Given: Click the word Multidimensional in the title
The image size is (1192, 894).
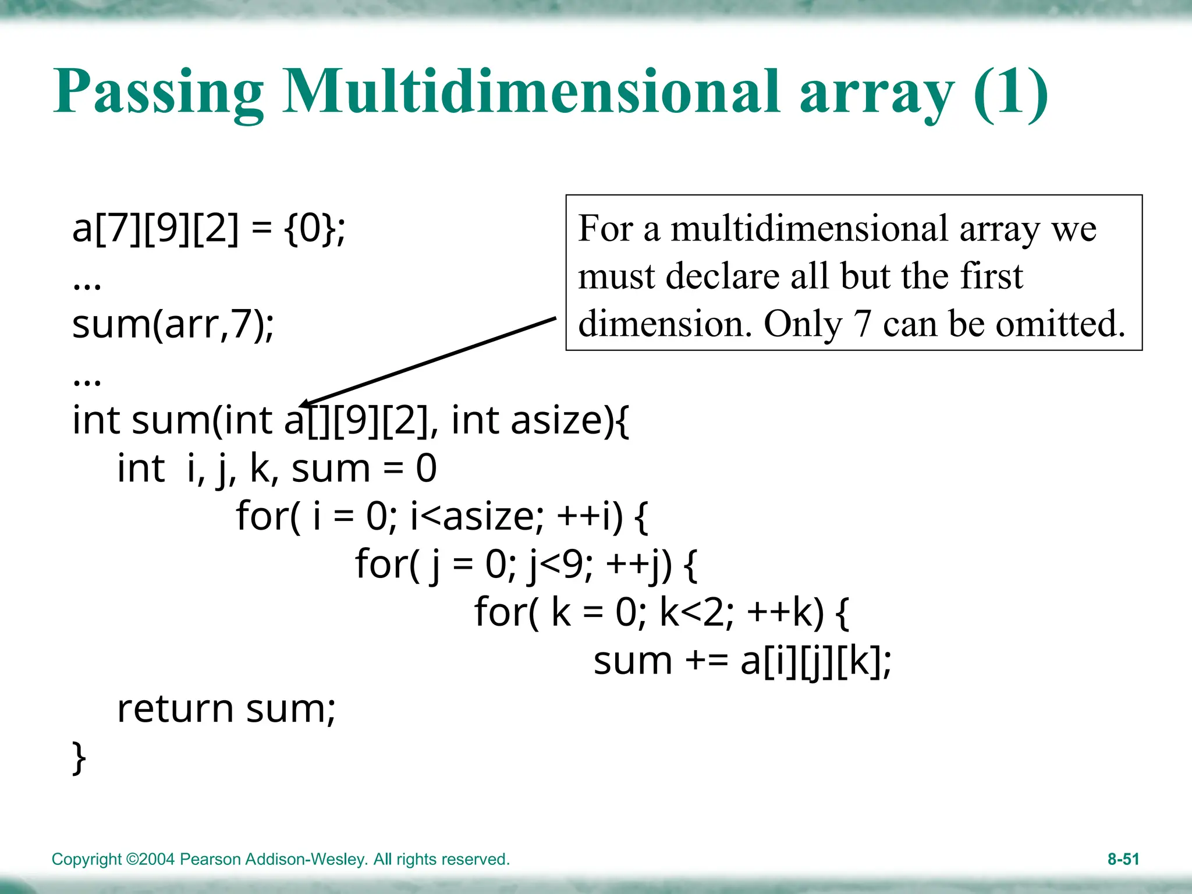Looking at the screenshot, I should click(531, 91).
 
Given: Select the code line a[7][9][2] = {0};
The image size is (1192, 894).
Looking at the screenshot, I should click(208, 228).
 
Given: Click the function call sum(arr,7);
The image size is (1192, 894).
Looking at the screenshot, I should click(173, 324).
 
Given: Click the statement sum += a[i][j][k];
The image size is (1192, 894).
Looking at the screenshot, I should click(742, 662).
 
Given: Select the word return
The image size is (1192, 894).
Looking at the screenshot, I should click(175, 709).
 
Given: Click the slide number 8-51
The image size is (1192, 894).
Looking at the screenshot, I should click(1123, 859).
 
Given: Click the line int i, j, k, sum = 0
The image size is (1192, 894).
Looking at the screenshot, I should click(276, 469).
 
